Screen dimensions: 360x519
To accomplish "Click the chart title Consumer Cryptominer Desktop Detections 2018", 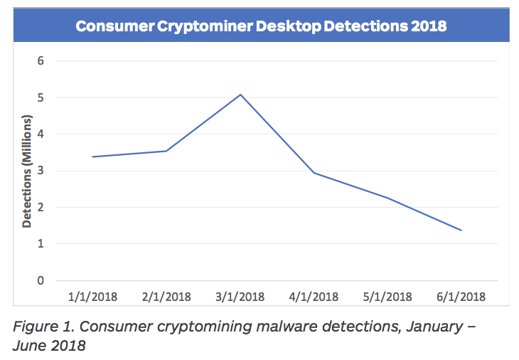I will pyautogui.click(x=261, y=26).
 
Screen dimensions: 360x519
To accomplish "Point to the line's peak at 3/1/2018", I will pyautogui.click(x=240, y=95).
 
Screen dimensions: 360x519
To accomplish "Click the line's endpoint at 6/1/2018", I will pyautogui.click(x=461, y=231).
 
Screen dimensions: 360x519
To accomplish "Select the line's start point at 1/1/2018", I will pyautogui.click(x=92, y=157).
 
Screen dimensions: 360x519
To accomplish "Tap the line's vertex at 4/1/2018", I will pyautogui.click(x=314, y=173).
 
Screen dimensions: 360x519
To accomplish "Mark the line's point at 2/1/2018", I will pyautogui.click(x=166, y=151).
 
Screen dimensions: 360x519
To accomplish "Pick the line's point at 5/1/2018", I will pyautogui.click(x=387, y=198).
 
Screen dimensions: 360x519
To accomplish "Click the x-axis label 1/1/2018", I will pyautogui.click(x=92, y=297).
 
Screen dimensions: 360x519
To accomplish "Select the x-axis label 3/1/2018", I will pyautogui.click(x=240, y=297).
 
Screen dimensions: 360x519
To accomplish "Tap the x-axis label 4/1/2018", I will pyautogui.click(x=314, y=297).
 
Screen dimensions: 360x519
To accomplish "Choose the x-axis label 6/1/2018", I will pyautogui.click(x=461, y=297).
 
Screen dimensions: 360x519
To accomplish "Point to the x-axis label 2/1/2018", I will pyautogui.click(x=166, y=297).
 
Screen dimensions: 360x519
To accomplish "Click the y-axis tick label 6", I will pyautogui.click(x=41, y=60).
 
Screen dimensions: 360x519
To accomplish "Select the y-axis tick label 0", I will pyautogui.click(x=41, y=280).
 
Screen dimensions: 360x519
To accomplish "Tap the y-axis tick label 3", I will pyautogui.click(x=41, y=171).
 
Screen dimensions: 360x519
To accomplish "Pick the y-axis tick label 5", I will pyautogui.click(x=41, y=97).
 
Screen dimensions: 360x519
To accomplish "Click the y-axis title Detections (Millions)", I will pyautogui.click(x=27, y=171).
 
